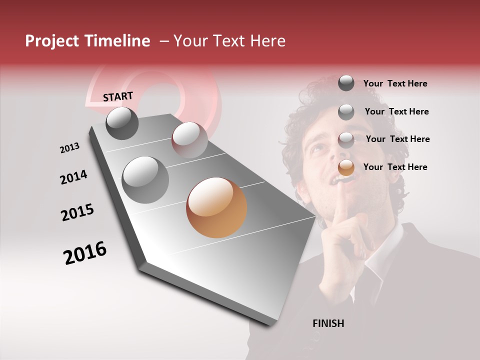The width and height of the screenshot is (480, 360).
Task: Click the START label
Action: pos(118,96)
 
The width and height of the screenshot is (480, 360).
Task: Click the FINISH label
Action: pos(328,323)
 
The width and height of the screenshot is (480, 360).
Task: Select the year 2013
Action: pos(69,148)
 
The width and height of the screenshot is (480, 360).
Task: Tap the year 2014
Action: pos(73,177)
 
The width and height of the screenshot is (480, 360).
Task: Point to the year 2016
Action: pos(85,253)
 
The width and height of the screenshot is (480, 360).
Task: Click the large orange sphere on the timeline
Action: pos(216,207)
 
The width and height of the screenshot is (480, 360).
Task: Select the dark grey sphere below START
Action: pos(122,123)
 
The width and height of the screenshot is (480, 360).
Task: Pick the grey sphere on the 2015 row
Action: pos(145,180)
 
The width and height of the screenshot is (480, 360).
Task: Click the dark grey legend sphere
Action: pos(346,83)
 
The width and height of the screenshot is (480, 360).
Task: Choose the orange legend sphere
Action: pos(346,167)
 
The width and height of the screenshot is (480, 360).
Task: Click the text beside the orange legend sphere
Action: pos(395,167)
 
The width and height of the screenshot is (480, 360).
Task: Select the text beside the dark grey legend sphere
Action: pos(395,83)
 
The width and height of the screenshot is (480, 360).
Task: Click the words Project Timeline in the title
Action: pos(87,41)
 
